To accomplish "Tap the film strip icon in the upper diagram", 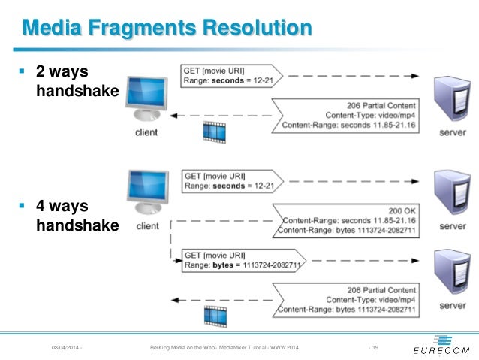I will pyautogui.click(x=213, y=133).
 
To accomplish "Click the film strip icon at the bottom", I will pyautogui.click(x=213, y=316).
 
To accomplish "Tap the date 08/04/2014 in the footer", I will pyautogui.click(x=66, y=346).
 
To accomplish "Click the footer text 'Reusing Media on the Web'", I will pyautogui.click(x=183, y=346).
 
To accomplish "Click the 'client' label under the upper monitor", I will pyautogui.click(x=148, y=132).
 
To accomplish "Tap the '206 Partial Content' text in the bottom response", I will pyautogui.click(x=381, y=289).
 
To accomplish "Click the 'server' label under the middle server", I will pyautogui.click(x=453, y=226).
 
